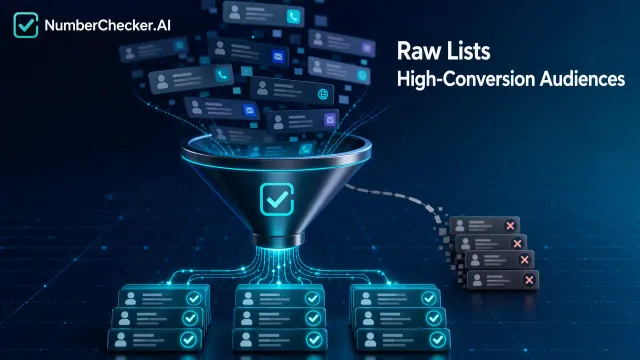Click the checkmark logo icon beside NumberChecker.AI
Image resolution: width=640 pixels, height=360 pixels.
(26, 25)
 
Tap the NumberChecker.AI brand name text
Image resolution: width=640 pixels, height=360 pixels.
(107, 25)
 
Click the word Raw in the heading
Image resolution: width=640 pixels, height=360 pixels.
(415, 51)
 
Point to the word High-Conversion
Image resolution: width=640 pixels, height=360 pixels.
(466, 79)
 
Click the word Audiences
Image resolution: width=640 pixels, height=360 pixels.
(582, 79)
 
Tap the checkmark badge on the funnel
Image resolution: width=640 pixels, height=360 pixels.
(277, 199)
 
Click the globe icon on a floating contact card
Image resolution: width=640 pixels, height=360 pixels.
(323, 95)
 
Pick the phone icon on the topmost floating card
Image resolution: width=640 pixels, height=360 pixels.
(293, 17)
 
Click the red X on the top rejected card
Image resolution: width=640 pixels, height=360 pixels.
(510, 226)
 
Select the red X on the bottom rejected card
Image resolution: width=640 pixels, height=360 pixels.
(529, 280)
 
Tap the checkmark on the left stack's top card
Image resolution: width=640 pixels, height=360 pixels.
(194, 298)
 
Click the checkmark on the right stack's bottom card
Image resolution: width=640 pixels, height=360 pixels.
(438, 339)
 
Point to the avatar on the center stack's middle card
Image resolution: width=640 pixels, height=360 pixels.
(247, 318)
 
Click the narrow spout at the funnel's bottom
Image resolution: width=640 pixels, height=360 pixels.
(278, 240)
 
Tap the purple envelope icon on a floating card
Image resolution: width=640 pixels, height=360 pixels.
(330, 120)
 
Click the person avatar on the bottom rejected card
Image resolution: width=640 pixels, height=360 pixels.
(477, 280)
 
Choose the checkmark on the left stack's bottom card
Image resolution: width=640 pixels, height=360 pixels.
(188, 340)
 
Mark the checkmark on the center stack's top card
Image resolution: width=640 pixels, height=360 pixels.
(312, 299)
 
